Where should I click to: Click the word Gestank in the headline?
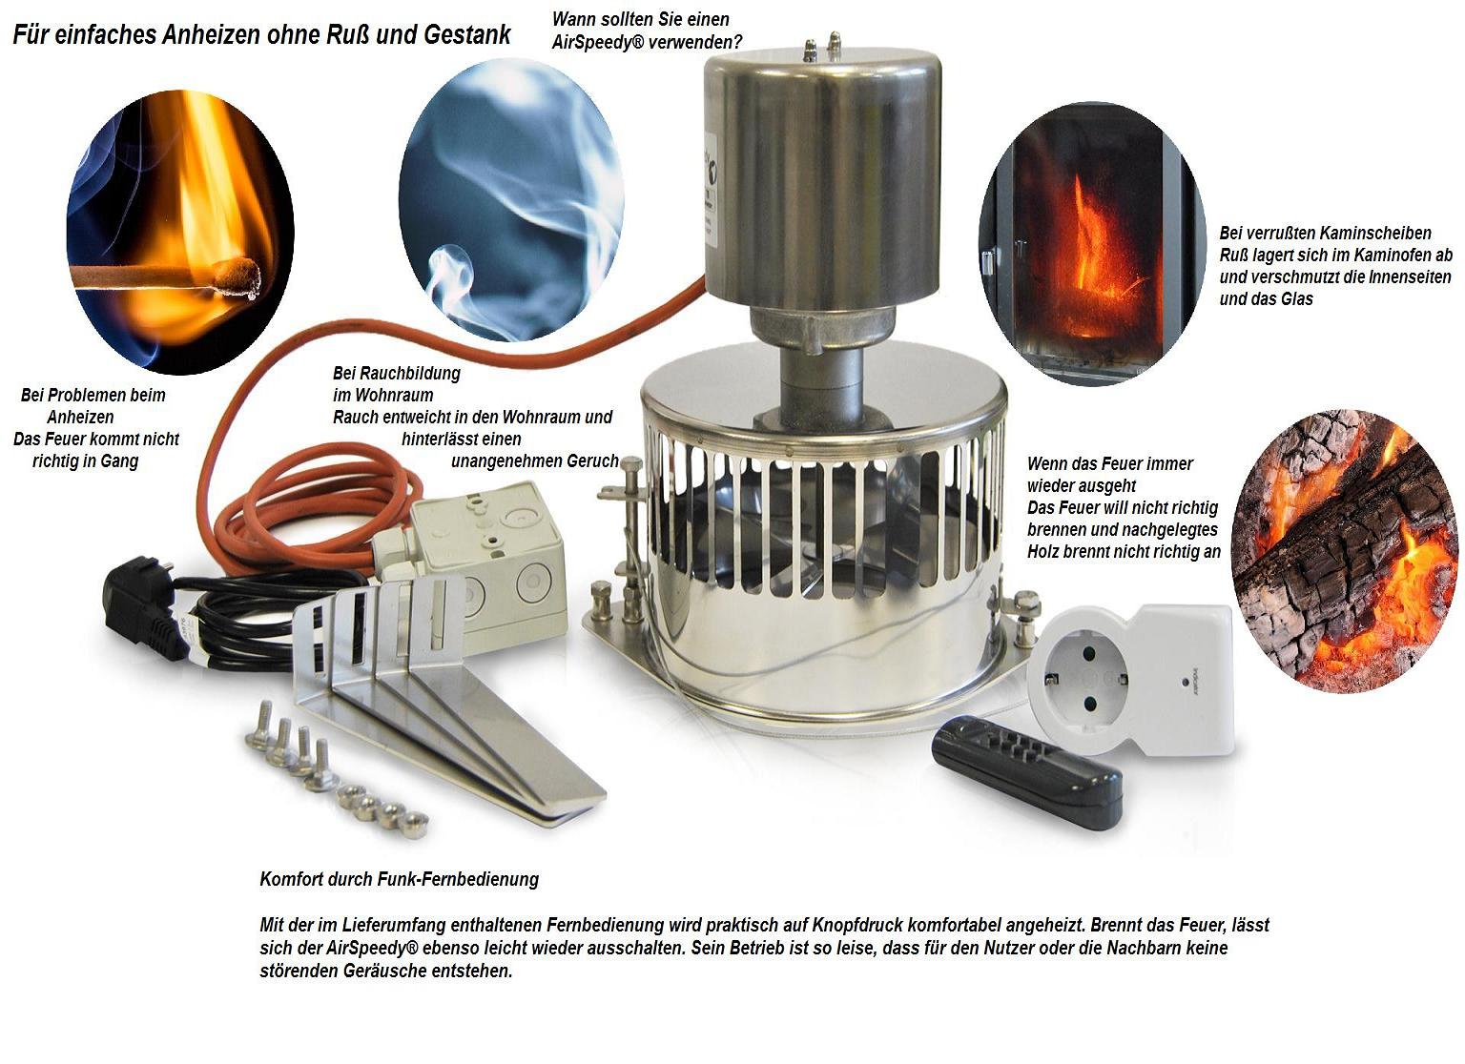click(x=467, y=34)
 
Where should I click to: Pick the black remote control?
click(x=1027, y=772)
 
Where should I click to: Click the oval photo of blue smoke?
click(x=511, y=199)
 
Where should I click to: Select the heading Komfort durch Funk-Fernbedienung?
click(x=399, y=879)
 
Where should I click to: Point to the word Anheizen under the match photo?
click(x=80, y=417)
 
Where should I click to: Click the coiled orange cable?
click(x=314, y=517)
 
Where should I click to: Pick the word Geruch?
click(x=592, y=460)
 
